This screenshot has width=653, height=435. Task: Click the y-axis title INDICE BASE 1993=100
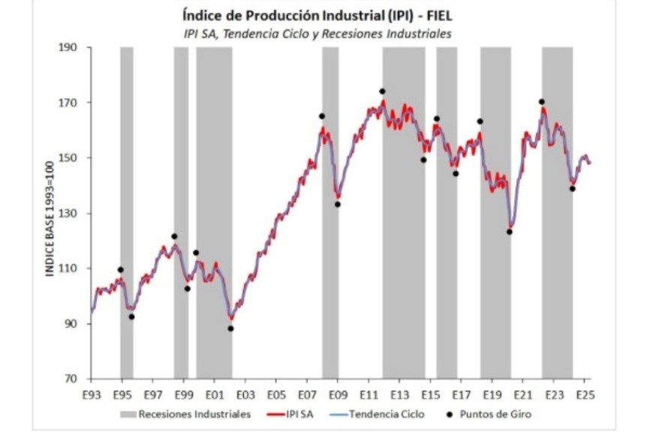50,213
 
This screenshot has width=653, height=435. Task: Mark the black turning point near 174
382,91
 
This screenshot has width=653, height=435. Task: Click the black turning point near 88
230,328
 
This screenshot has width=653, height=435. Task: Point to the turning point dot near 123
509,232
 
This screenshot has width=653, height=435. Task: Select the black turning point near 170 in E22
541,102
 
